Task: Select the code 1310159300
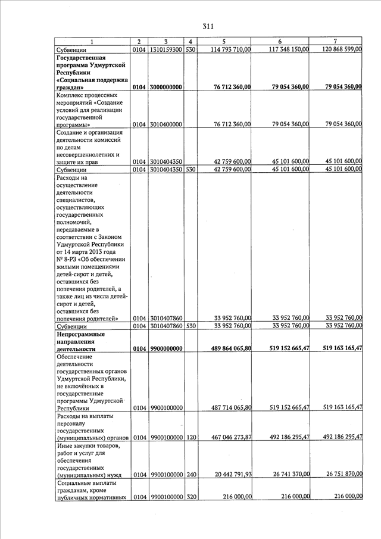166,49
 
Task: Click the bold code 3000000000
166,87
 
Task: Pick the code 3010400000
166,124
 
